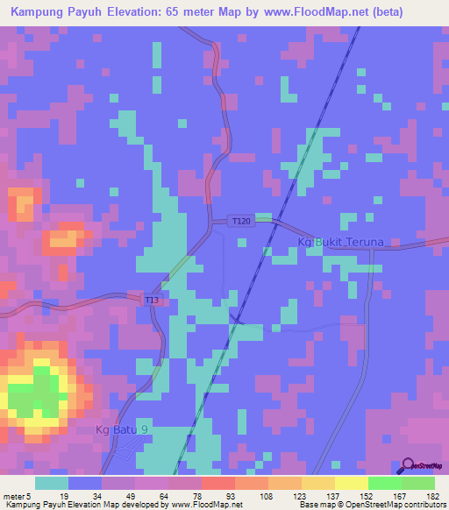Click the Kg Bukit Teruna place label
(x=341, y=241)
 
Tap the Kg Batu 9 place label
(x=122, y=430)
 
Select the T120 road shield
(x=241, y=221)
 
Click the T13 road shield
(x=152, y=301)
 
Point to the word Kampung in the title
(x=43, y=11)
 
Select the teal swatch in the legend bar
(x=51, y=483)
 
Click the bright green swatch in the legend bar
(x=385, y=483)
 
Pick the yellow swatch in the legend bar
(x=352, y=483)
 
